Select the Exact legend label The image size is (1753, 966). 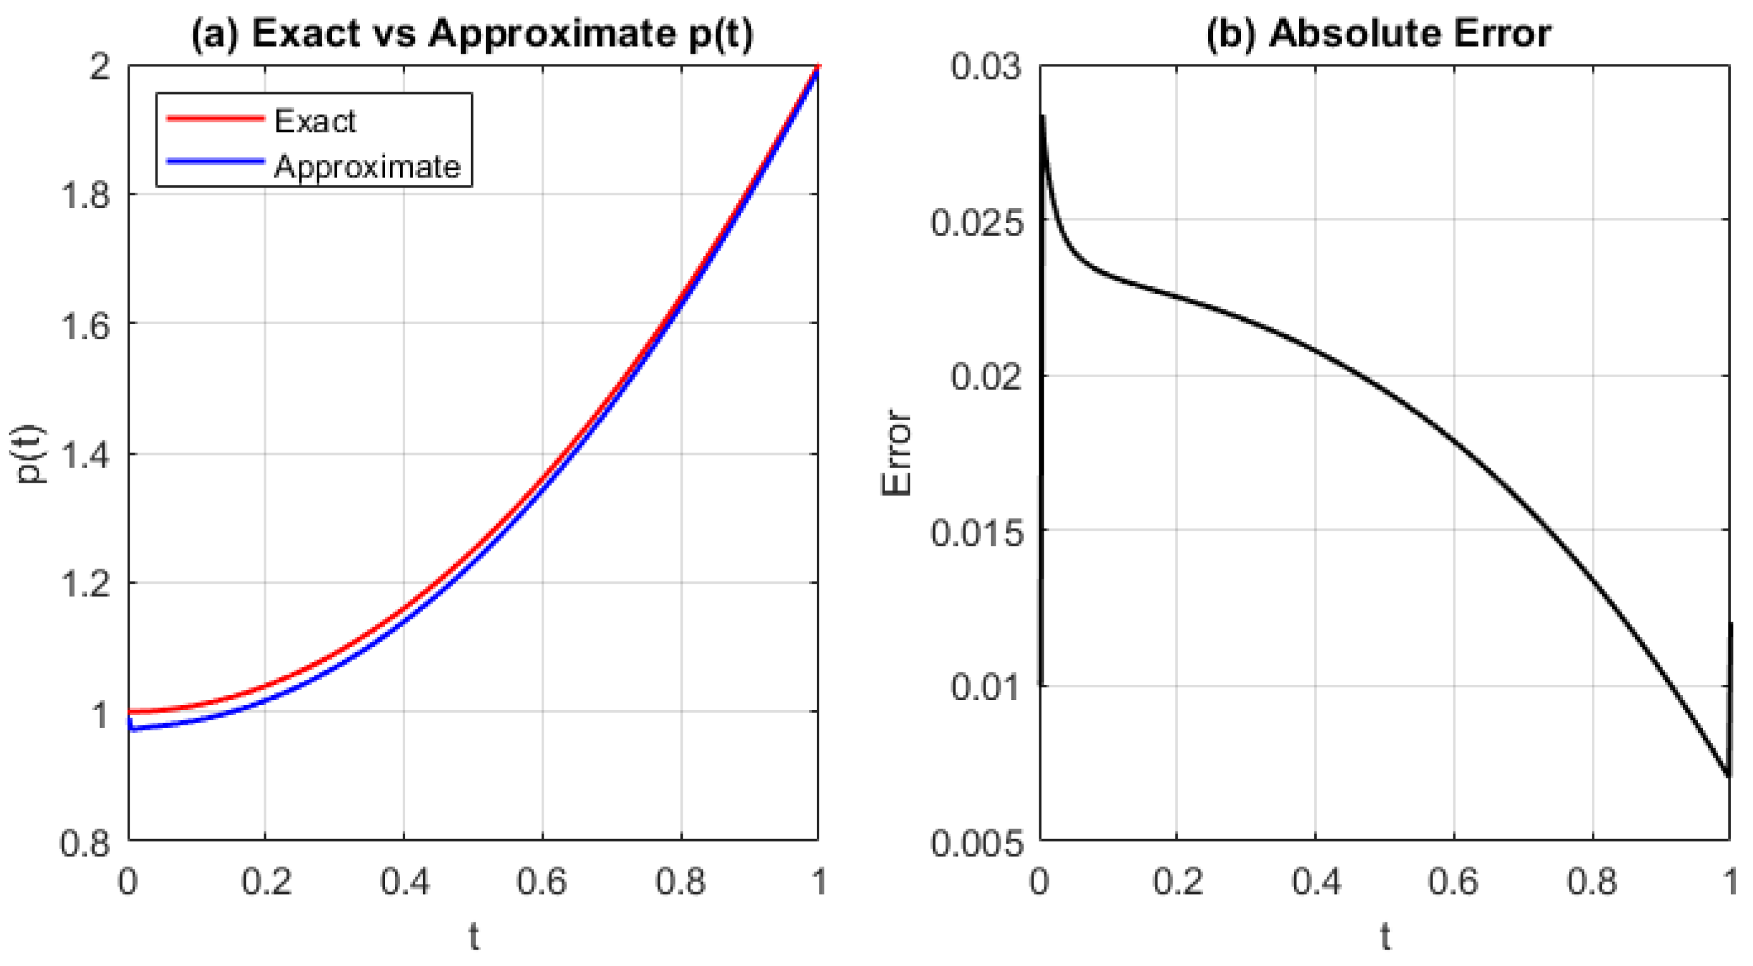point(314,121)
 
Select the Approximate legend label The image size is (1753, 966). point(367,167)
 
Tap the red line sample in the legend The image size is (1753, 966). point(215,118)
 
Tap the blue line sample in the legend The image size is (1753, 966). point(215,162)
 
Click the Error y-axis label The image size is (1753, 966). point(896,453)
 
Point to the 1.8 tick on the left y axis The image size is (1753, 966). point(85,195)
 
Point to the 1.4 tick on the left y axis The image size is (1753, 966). point(85,454)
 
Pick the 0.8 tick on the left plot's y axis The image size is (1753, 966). point(85,843)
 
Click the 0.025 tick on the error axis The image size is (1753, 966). point(977,222)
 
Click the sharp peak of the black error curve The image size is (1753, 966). point(1042,117)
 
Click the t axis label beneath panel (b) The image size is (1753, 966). point(1385,938)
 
